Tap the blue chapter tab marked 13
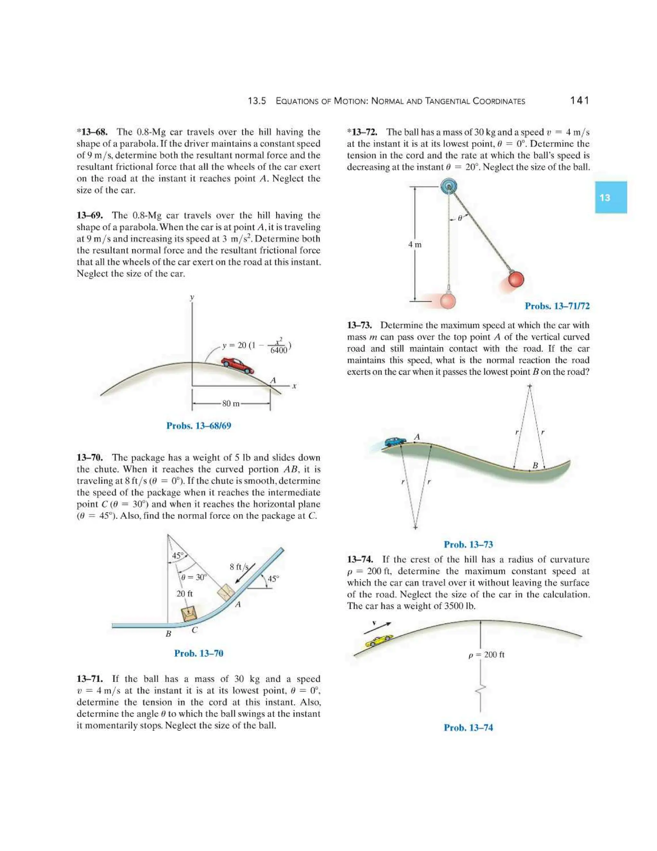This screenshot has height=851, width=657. (610, 197)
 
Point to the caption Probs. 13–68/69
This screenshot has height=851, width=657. (199, 425)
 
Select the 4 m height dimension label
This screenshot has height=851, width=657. (414, 245)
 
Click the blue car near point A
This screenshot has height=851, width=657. (396, 442)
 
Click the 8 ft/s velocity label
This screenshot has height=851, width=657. (239, 567)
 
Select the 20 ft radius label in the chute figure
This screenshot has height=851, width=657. (184, 594)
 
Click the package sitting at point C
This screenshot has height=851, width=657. (190, 613)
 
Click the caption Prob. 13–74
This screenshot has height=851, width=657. (468, 727)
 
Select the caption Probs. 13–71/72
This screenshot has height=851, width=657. (557, 306)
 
